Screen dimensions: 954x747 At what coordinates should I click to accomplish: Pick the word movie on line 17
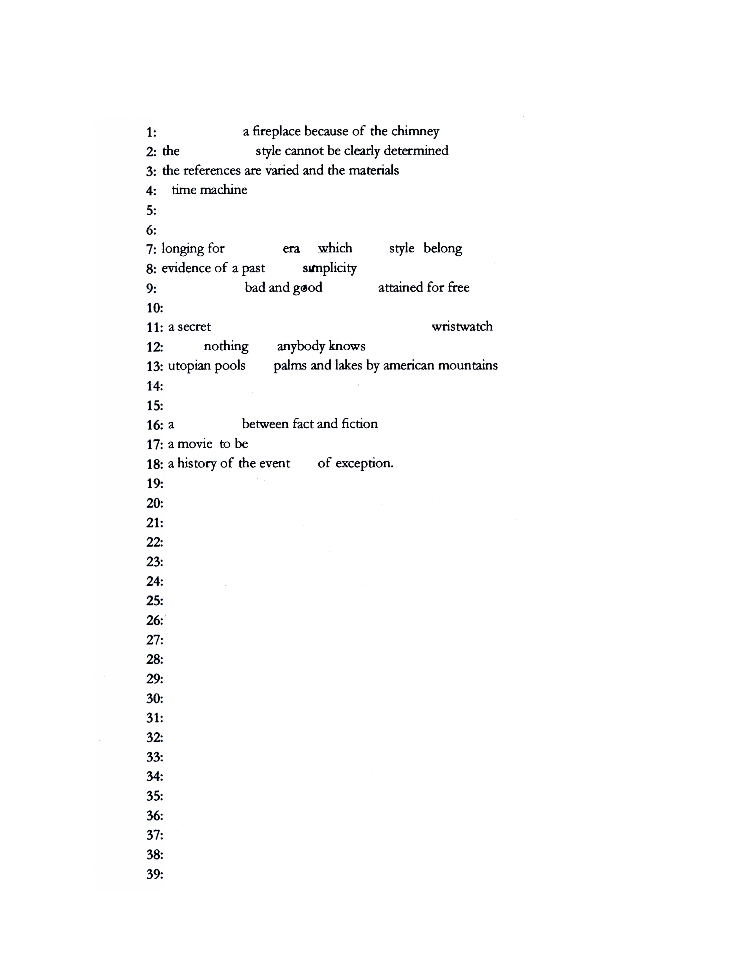pos(195,444)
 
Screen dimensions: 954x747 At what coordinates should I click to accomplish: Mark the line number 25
pos(154,601)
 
